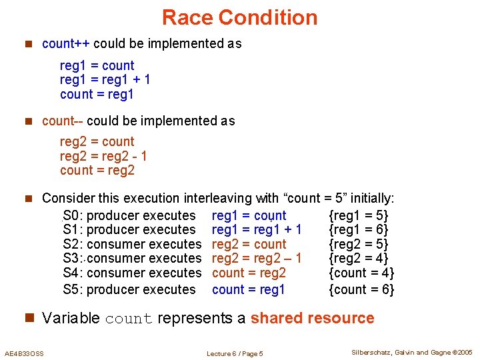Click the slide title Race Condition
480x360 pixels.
[240, 17]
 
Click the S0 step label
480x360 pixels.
[71, 215]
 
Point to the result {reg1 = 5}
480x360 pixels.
[359, 215]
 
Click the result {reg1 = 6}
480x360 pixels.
[359, 229]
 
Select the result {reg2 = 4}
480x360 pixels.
[359, 258]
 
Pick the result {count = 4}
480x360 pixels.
[362, 273]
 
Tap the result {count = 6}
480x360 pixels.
[362, 289]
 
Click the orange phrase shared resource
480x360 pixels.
[312, 318]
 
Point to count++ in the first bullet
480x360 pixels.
[66, 44]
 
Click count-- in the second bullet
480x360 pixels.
[63, 121]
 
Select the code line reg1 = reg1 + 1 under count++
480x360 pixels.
[105, 80]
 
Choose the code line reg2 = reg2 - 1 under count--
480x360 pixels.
[103, 156]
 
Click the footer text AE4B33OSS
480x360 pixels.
[24, 353]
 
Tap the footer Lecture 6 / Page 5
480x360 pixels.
[235, 353]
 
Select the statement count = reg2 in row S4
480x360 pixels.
[249, 273]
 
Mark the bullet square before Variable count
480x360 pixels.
[29, 318]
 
